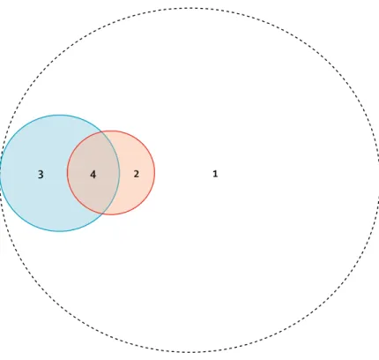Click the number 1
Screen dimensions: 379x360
pyautogui.click(x=215, y=174)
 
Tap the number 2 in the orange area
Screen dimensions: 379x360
pyautogui.click(x=136, y=174)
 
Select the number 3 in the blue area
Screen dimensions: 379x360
pyautogui.click(x=41, y=175)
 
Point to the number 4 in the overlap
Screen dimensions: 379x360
pyautogui.click(x=93, y=175)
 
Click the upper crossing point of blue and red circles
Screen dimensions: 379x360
pyautogui.click(x=102, y=132)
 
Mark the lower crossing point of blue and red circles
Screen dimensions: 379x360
pyautogui.click(x=103, y=214)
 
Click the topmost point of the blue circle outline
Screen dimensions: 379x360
pyautogui.click(x=59, y=115)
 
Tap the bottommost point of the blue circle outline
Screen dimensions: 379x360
pyautogui.click(x=59, y=231)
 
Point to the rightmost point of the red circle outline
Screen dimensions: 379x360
pyautogui.click(x=155, y=173)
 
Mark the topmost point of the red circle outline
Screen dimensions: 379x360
pyautogui.click(x=111, y=131)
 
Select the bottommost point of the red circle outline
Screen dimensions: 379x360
pyautogui.click(x=111, y=214)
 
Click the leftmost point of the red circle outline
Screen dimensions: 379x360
pyautogui.click(x=67, y=173)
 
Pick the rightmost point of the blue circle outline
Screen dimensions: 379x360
pyautogui.click(x=120, y=173)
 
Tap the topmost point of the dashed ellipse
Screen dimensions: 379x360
pyautogui.click(x=189, y=8)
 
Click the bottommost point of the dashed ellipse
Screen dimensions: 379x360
pyautogui.click(x=189, y=352)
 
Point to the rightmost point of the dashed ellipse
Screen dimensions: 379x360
pyautogui.click(x=378, y=180)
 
